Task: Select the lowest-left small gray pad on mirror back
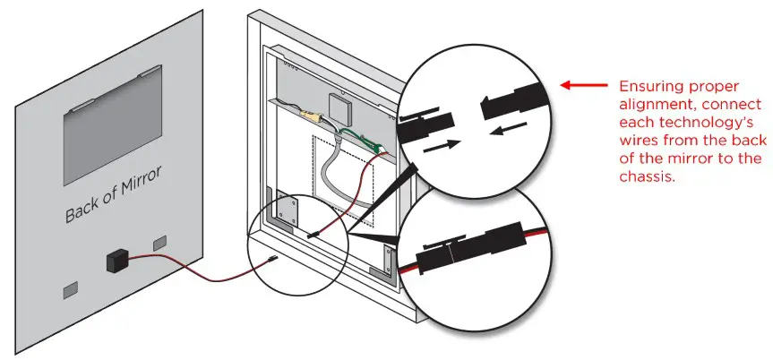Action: tap(71, 290)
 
